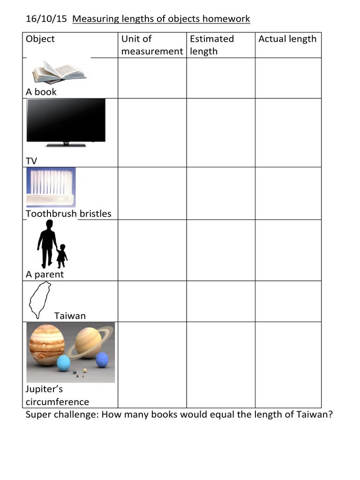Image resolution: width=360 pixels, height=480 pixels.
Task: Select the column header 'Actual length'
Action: pos(287,39)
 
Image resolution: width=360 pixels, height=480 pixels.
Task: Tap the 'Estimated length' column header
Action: pos(212,45)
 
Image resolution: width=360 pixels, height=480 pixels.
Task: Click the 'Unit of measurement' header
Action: pos(152,45)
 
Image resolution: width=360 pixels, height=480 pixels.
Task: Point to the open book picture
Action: pos(59,72)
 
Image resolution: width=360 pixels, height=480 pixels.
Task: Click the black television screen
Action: pos(66,120)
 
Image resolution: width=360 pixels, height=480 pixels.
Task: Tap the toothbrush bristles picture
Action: pos(51,187)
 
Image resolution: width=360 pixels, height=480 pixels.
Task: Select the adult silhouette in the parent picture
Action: pos(47,243)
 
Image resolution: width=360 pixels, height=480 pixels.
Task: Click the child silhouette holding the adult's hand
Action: pos(62,255)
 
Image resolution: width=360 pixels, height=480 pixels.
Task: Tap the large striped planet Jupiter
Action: pos(46,345)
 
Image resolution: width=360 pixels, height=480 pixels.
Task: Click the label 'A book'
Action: pos(41,92)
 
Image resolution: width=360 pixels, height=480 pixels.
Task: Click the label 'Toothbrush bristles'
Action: pos(68,214)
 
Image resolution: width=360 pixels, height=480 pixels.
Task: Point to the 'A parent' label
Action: pos(45,274)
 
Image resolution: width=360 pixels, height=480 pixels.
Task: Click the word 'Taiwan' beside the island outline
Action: pos(70,315)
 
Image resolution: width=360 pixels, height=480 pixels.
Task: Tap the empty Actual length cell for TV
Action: pos(288,133)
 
